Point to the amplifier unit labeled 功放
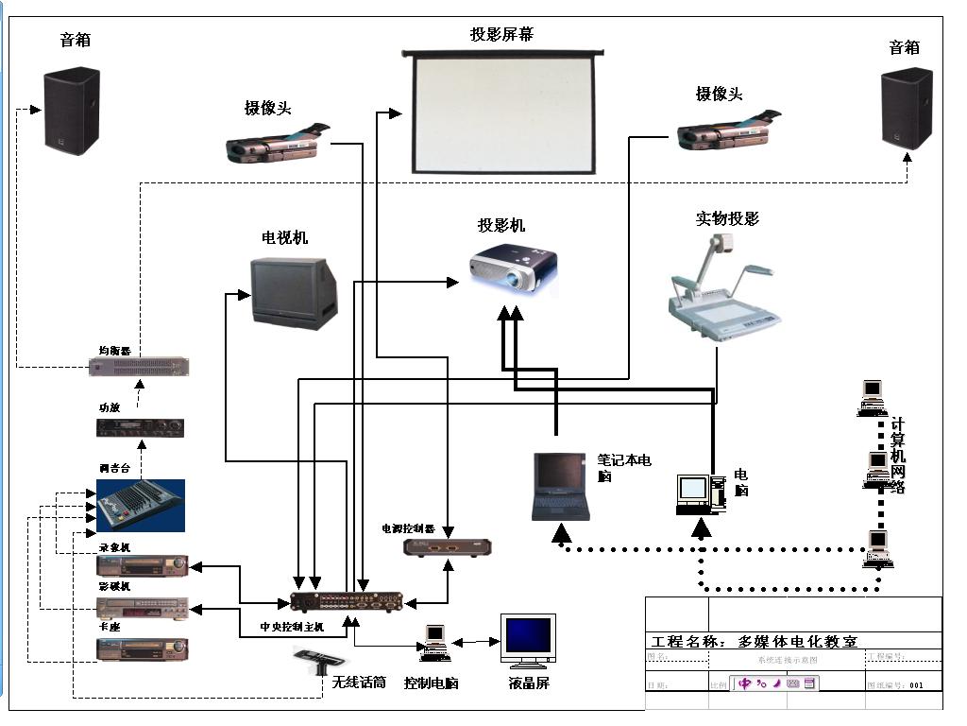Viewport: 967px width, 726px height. [140, 428]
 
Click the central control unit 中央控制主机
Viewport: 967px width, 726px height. [346, 600]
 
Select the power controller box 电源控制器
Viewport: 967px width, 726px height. [448, 546]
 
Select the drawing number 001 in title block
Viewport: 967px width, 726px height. [917, 685]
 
